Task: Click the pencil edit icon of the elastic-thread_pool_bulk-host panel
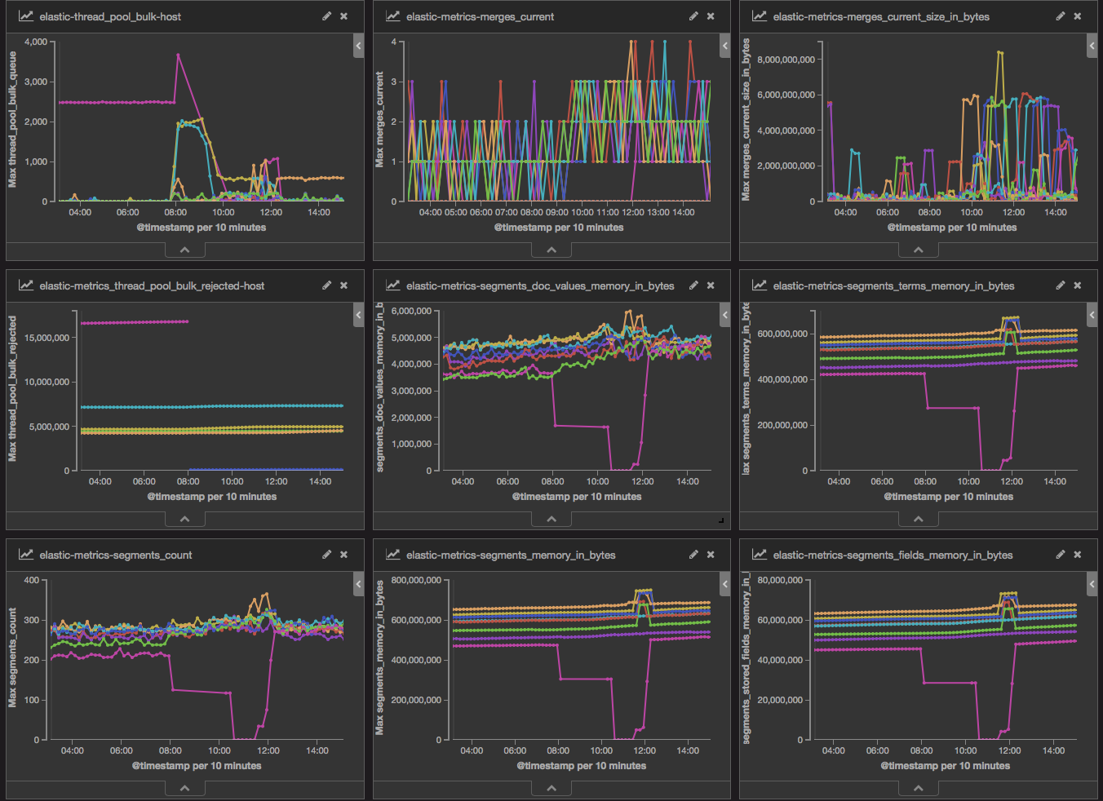(326, 16)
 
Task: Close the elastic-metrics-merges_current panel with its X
(711, 16)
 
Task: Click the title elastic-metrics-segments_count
(116, 555)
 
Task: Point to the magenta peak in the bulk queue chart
(178, 55)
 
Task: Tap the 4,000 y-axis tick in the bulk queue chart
(36, 42)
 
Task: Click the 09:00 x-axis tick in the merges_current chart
(556, 212)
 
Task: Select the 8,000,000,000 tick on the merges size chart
(786, 60)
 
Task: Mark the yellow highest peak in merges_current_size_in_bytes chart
(999, 51)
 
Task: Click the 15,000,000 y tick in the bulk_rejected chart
(47, 338)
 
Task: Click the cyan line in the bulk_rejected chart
(212, 407)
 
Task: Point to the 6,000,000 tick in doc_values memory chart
(411, 311)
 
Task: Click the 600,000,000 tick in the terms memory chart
(782, 334)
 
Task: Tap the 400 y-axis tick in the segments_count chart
(32, 580)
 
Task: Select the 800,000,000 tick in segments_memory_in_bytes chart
(416, 580)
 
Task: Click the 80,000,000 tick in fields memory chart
(780, 580)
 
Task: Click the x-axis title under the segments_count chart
(197, 766)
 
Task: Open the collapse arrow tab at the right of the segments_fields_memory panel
(1092, 584)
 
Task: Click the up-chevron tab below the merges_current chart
(551, 250)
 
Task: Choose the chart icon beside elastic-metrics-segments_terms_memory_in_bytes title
(760, 285)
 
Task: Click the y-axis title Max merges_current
(379, 120)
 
